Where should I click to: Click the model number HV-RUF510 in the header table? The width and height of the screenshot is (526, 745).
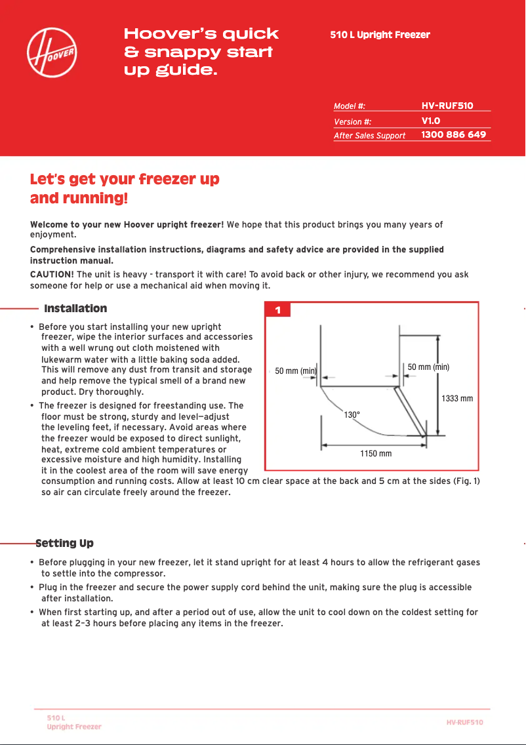pyautogui.click(x=447, y=105)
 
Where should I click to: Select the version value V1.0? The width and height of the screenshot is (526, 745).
pyautogui.click(x=430, y=121)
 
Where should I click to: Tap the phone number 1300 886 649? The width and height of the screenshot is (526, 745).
pyautogui.click(x=453, y=134)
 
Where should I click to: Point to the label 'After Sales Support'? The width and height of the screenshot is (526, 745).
pyautogui.click(x=369, y=136)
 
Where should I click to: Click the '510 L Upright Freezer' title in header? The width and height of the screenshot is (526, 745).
pyautogui.click(x=380, y=35)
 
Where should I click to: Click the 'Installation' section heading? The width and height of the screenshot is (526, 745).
pyautogui.click(x=75, y=309)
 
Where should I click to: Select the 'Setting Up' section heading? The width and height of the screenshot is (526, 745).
pyautogui.click(x=64, y=543)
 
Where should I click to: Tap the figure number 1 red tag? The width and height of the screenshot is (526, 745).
pyautogui.click(x=278, y=310)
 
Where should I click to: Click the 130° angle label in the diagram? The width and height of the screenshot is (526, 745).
pyautogui.click(x=353, y=415)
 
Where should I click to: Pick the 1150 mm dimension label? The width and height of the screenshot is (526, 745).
pyautogui.click(x=376, y=454)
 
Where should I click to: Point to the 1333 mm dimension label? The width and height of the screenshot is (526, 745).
pyautogui.click(x=456, y=398)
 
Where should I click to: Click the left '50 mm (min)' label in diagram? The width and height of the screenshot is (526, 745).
pyautogui.click(x=296, y=371)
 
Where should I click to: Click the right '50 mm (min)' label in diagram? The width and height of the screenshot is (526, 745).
pyautogui.click(x=428, y=367)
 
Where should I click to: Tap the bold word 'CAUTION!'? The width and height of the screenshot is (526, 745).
pyautogui.click(x=52, y=274)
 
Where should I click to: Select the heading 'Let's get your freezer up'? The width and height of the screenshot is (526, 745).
pyautogui.click(x=125, y=180)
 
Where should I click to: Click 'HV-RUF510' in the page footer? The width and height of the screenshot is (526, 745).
pyautogui.click(x=464, y=722)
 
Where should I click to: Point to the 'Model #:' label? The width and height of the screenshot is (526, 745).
pyautogui.click(x=349, y=106)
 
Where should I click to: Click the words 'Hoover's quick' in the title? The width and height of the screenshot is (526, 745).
pyautogui.click(x=201, y=34)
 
